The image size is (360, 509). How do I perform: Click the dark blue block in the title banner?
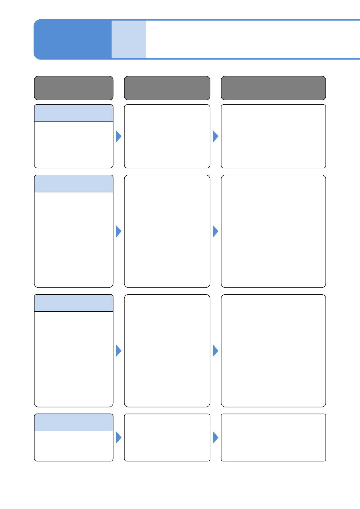73,39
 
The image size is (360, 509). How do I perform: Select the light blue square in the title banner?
129,39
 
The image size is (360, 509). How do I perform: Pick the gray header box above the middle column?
167,88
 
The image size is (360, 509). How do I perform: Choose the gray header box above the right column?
273,88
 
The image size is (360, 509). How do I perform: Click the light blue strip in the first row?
74,113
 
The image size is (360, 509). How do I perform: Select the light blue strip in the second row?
74,183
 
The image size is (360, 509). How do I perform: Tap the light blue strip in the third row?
74,303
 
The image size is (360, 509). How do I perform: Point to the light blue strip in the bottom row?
74,423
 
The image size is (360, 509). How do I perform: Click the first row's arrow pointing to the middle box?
118,136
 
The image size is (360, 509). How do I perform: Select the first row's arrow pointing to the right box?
215,136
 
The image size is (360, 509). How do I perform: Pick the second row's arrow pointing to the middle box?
118,231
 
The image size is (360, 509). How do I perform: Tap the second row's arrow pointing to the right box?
215,231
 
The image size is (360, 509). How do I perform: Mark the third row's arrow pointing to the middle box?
118,351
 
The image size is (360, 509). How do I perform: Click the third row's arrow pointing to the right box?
215,351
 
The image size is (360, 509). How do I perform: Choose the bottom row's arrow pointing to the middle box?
118,437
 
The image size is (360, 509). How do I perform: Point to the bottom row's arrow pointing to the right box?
215,437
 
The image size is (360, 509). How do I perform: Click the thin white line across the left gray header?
74,88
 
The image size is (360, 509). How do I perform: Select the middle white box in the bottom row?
167,437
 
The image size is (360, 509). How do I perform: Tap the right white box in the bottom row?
273,437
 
